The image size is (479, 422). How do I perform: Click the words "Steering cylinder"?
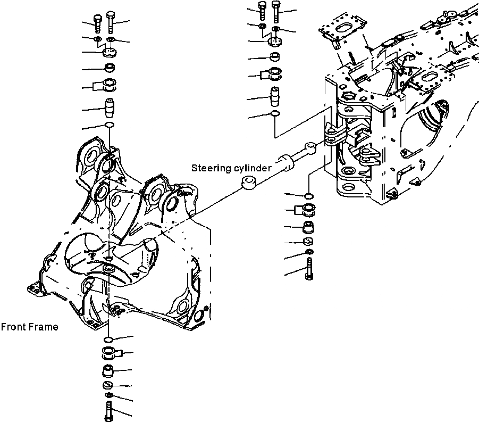pyautogui.click(x=231, y=168)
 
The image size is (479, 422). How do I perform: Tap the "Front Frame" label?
pyautogui.click(x=29, y=327)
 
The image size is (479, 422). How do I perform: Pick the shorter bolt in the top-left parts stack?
pyautogui.click(x=97, y=23)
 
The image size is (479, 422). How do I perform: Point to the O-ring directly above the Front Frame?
pyautogui.click(x=110, y=125)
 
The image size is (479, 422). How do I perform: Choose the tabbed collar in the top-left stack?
pyautogui.click(x=108, y=84)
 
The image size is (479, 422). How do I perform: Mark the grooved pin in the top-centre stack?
pyautogui.click(x=275, y=96)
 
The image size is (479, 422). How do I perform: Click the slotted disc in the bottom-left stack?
pyautogui.click(x=107, y=385)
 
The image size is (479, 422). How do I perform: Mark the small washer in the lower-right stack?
pyautogui.click(x=309, y=252)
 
